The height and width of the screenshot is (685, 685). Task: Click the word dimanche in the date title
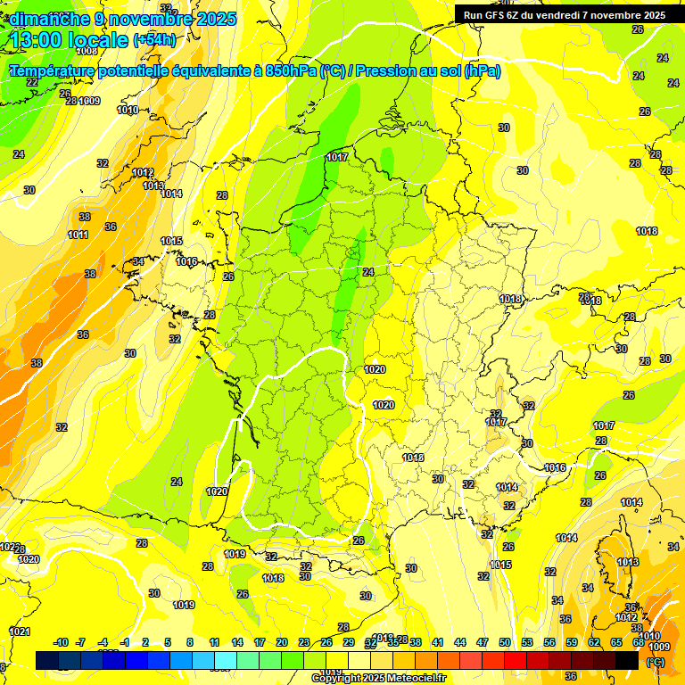click(x=50, y=19)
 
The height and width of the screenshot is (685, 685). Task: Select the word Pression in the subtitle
click(x=389, y=71)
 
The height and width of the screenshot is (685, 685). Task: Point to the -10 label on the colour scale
click(x=62, y=642)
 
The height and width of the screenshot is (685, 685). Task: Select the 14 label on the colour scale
click(x=237, y=642)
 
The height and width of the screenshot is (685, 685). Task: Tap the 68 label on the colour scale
click(x=639, y=642)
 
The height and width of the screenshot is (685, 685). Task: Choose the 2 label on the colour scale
click(x=146, y=642)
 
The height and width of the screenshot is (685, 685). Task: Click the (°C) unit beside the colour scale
click(x=655, y=662)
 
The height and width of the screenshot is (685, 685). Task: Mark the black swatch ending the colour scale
click(x=627, y=660)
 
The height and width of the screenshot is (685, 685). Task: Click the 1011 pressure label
click(x=78, y=235)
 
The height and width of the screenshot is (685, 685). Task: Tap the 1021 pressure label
click(x=19, y=631)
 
